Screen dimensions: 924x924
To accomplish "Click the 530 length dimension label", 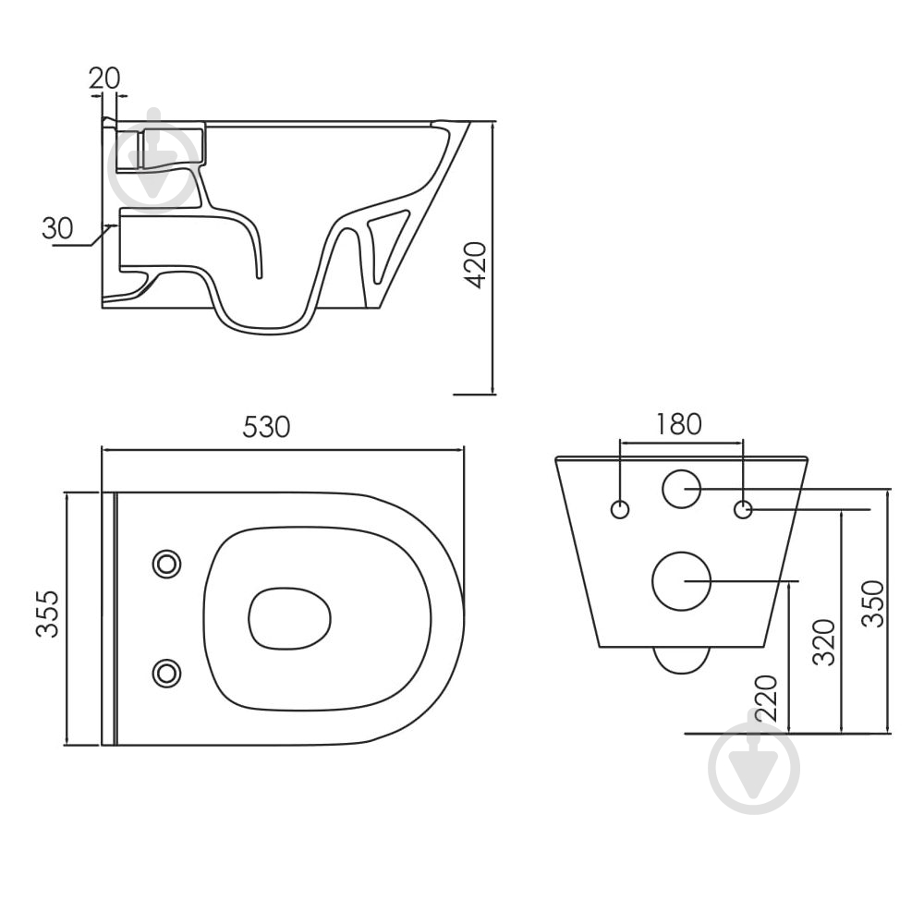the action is click(266, 427).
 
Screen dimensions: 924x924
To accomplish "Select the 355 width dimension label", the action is click(48, 614).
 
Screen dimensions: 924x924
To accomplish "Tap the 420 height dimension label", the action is click(476, 265).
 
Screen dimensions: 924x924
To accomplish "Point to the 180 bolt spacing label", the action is click(679, 424).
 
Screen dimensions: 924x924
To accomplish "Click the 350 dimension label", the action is click(873, 604).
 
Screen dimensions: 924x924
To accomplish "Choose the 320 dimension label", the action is click(824, 642).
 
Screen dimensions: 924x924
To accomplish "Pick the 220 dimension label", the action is click(766, 699).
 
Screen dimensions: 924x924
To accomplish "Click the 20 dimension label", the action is click(104, 78).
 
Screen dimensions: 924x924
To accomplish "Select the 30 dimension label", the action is click(57, 228).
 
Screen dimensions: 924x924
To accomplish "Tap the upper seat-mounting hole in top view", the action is click(166, 565).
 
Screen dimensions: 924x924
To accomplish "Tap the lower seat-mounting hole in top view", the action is click(166, 673).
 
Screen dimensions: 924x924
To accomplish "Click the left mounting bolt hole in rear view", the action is click(620, 509).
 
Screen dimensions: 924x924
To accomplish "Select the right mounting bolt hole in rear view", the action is click(743, 509).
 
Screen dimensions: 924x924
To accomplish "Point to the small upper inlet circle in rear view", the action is click(682, 489).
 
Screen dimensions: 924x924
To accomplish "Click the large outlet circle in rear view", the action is click(682, 581).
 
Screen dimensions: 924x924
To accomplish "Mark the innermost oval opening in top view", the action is click(289, 618).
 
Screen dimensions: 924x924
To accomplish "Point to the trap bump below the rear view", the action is click(682, 661).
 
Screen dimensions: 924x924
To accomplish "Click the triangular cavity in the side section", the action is click(386, 241).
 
